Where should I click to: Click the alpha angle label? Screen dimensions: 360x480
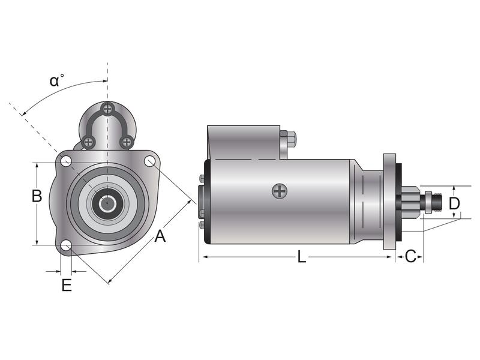tap(56, 81)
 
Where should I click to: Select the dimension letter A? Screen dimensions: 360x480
tap(160, 236)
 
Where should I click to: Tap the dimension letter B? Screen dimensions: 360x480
tap(37, 196)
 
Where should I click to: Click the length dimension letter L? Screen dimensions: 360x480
tap(302, 257)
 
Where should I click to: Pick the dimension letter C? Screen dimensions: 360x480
tap(410, 257)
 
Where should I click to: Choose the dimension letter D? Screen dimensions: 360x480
tap(455, 203)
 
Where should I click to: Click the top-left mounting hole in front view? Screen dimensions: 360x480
tap(67, 161)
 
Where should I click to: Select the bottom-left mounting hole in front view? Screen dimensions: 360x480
tap(67, 246)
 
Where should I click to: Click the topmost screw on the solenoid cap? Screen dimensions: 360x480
tap(107, 109)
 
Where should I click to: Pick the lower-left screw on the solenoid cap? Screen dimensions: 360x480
tap(89, 142)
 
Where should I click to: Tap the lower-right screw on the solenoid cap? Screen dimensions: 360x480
tap(126, 142)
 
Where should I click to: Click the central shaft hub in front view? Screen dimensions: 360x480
tap(107, 203)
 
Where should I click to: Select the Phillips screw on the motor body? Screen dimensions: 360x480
tap(280, 191)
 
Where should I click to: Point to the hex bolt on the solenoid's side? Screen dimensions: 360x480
tap(290, 139)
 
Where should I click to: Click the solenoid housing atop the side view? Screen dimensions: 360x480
tap(243, 142)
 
